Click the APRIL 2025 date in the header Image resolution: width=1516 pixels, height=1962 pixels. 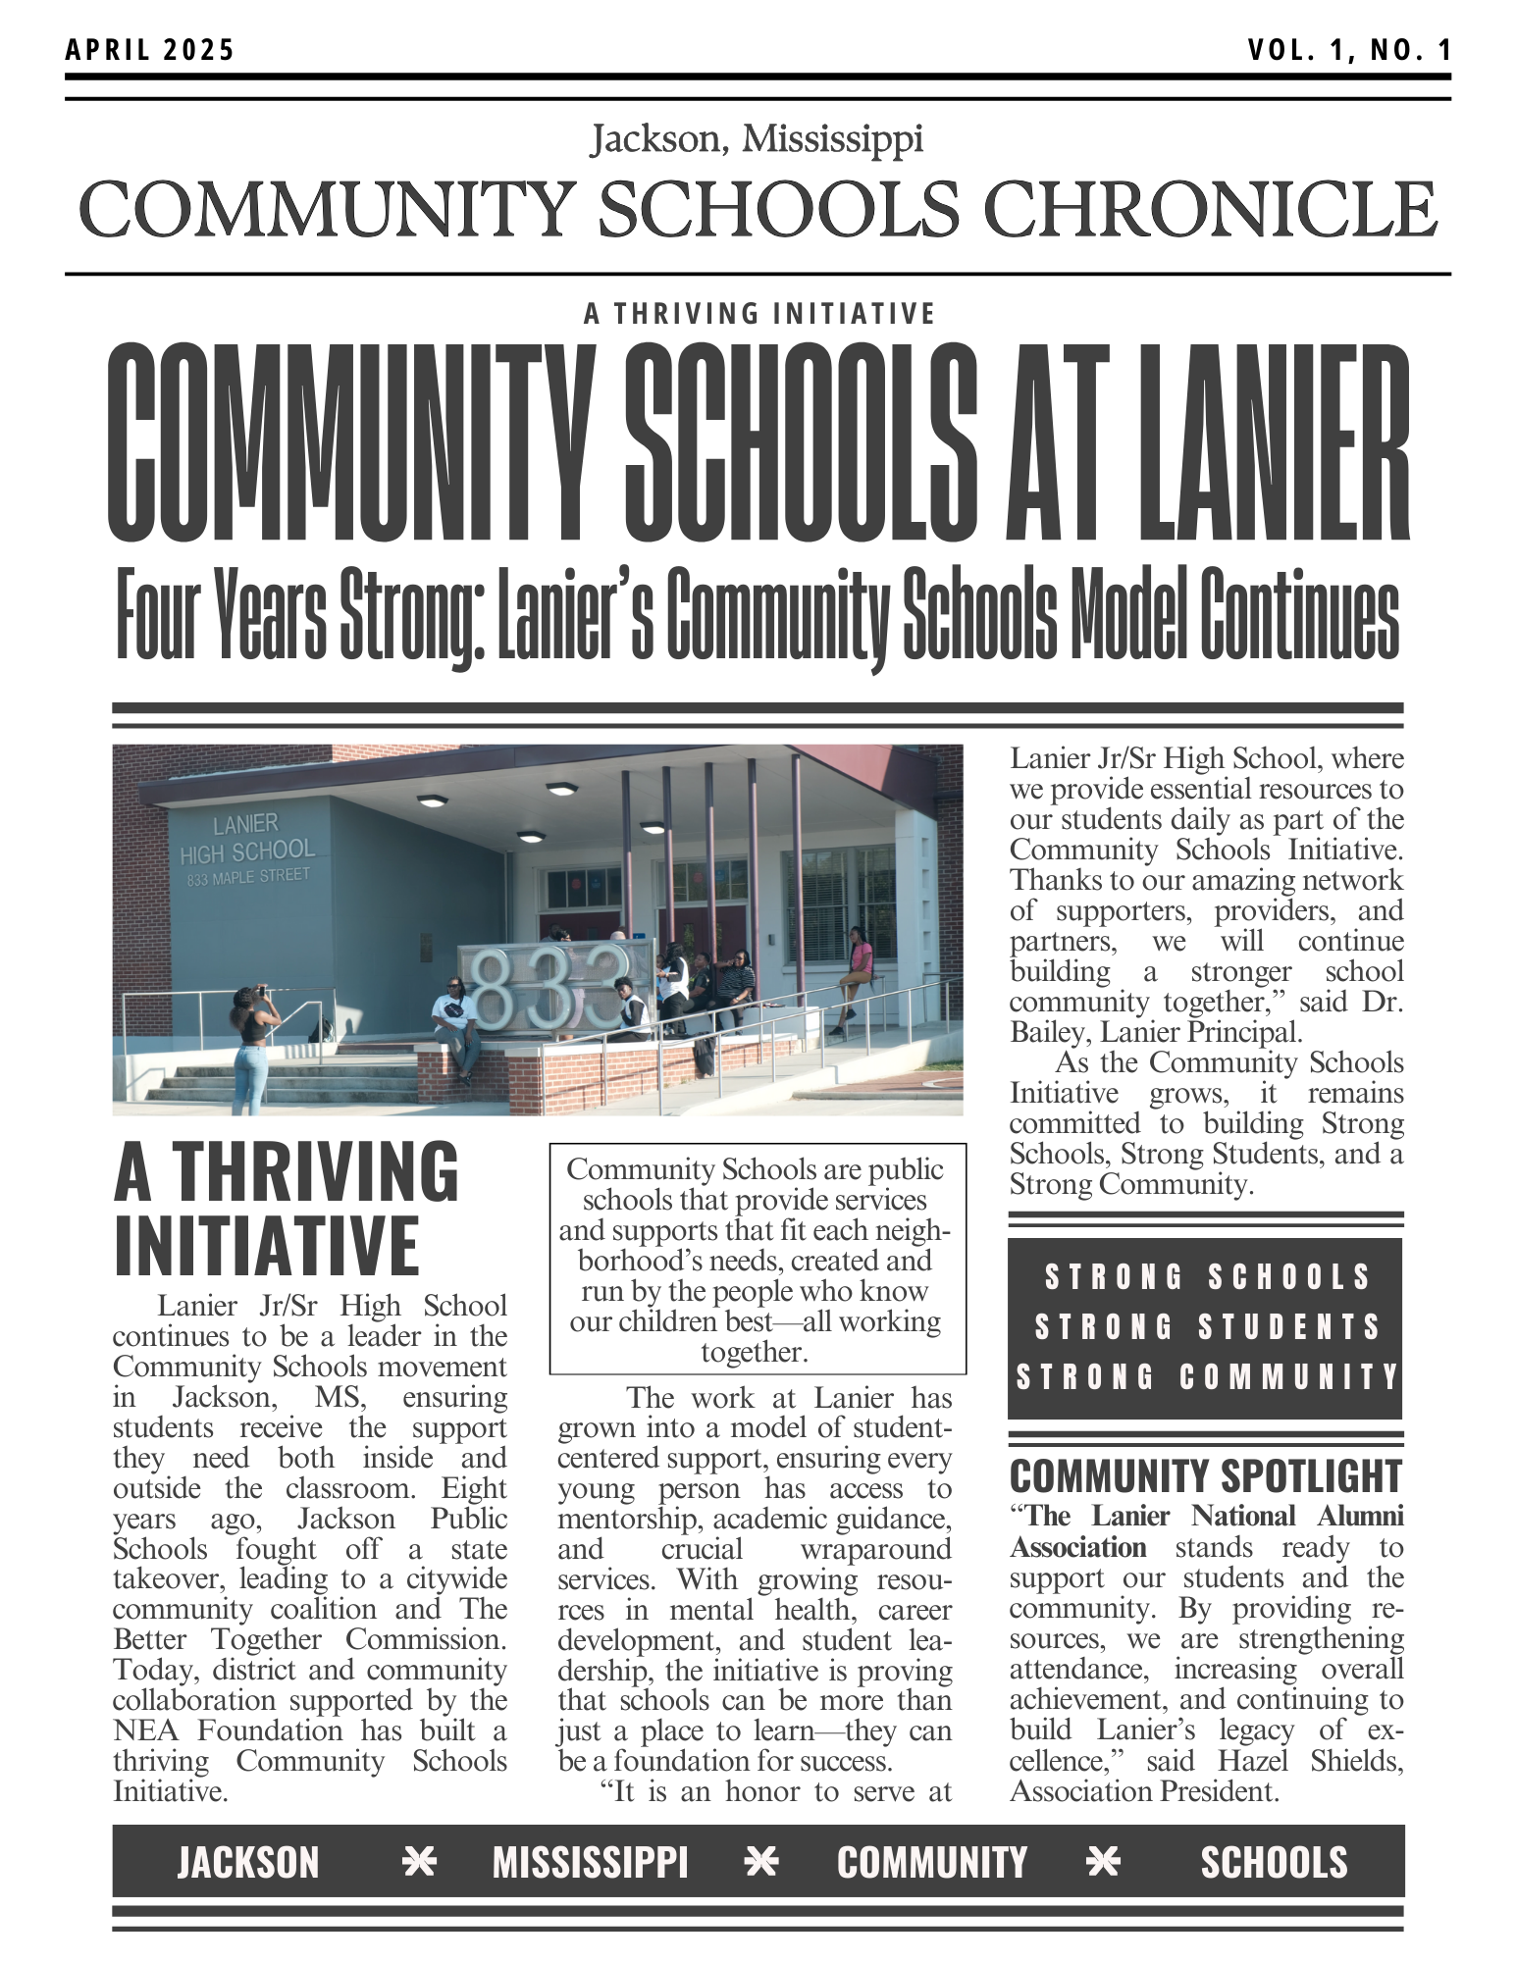(x=150, y=50)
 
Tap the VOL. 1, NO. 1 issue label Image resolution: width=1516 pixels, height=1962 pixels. (x=1348, y=50)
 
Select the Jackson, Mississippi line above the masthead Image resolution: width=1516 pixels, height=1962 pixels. (x=757, y=139)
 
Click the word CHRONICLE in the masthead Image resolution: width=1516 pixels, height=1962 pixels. (x=1210, y=210)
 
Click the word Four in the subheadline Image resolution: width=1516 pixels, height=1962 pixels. (x=158, y=615)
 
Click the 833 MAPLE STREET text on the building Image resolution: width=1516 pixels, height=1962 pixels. (x=248, y=876)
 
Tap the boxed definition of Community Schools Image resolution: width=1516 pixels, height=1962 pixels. (x=757, y=1260)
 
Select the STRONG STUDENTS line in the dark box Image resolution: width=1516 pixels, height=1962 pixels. (x=1206, y=1326)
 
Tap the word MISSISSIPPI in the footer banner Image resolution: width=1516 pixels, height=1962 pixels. (x=590, y=1862)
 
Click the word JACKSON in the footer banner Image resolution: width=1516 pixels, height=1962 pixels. (x=248, y=1862)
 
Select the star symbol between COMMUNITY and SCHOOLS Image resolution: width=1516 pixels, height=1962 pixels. (x=1103, y=1861)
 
